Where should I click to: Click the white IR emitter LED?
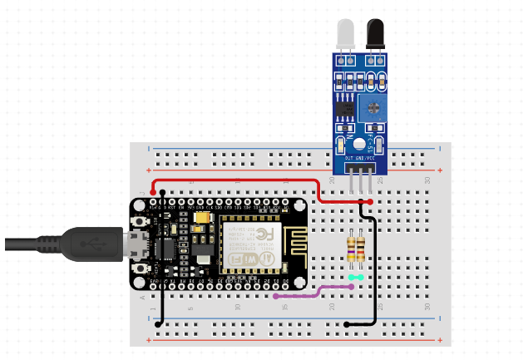click(347, 35)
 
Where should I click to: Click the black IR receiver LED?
click(376, 35)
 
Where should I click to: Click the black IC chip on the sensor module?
click(345, 108)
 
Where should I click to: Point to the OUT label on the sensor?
click(350, 157)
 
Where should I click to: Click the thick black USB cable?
click(25, 244)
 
